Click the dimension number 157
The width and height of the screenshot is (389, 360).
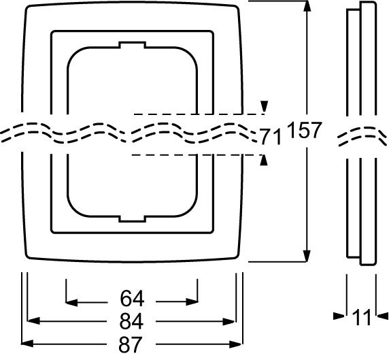point(305,130)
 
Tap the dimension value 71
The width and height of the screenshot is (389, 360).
point(271,137)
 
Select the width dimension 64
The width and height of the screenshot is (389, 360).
point(132,299)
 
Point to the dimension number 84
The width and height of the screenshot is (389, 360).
point(131,321)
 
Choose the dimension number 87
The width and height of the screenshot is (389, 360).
point(131,344)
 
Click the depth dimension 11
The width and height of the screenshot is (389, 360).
point(361,317)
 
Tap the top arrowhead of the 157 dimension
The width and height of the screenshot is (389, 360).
point(307,6)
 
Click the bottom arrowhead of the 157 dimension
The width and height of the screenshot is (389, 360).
point(307,256)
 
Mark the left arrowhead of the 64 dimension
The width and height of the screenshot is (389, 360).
point(71,302)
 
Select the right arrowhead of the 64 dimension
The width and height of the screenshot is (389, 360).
point(192,302)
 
